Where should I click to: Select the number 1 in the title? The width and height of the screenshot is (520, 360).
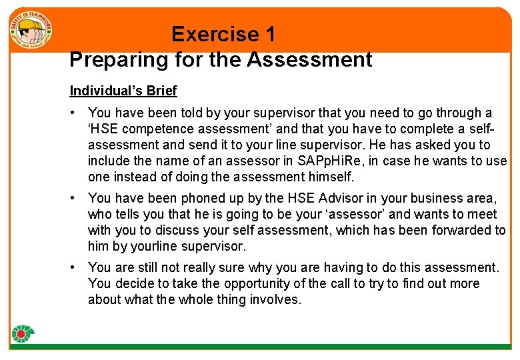(x=269, y=34)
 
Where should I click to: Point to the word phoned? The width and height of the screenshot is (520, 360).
(x=199, y=198)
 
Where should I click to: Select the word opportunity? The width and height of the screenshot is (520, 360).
(x=259, y=283)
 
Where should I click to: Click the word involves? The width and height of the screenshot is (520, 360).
(x=277, y=299)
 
